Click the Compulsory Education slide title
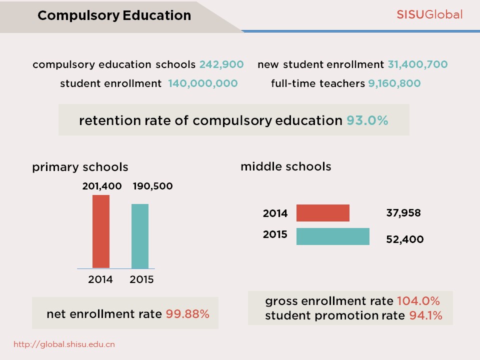[114, 15]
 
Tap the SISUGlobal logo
[429, 14]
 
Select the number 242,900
[221, 64]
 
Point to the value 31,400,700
[417, 64]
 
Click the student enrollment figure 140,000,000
[202, 83]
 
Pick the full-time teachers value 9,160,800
[394, 83]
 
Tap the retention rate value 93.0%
[367, 120]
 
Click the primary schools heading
[80, 167]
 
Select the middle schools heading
[285, 166]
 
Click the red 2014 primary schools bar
[101, 231]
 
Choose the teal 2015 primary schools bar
[140, 236]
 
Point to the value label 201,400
[102, 186]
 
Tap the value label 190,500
[152, 186]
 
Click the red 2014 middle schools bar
[322, 213]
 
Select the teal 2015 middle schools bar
[332, 236]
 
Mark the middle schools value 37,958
[403, 213]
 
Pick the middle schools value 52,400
[404, 239]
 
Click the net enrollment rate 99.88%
[187, 314]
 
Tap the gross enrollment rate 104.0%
[418, 301]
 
